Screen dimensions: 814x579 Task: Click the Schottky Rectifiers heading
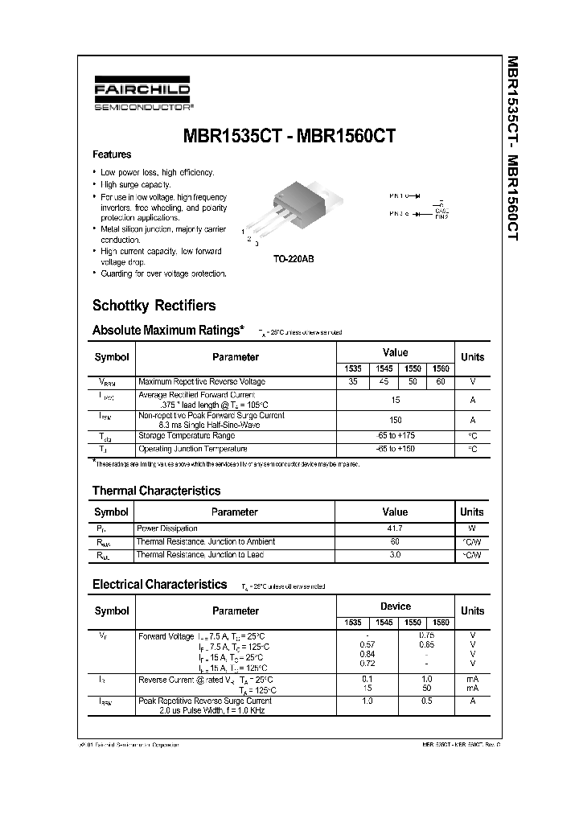[x=154, y=306]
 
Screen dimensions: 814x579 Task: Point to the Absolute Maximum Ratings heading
[x=168, y=330]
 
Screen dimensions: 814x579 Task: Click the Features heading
[x=112, y=154]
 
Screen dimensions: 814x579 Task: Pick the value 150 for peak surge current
[x=395, y=420]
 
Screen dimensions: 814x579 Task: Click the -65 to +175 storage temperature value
[x=395, y=435]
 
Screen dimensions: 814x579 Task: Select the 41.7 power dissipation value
[x=395, y=528]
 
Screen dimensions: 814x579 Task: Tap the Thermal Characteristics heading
[x=156, y=491]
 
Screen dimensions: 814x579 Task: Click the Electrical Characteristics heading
[x=159, y=585]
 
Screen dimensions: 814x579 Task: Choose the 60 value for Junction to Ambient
[x=395, y=542]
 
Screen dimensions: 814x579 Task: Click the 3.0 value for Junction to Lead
[x=395, y=555]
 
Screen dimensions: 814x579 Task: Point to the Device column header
[x=395, y=606]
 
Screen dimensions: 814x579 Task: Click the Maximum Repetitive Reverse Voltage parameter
[x=202, y=381]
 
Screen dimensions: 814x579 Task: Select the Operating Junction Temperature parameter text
[x=193, y=449]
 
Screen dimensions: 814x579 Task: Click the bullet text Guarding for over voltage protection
[x=163, y=273]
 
